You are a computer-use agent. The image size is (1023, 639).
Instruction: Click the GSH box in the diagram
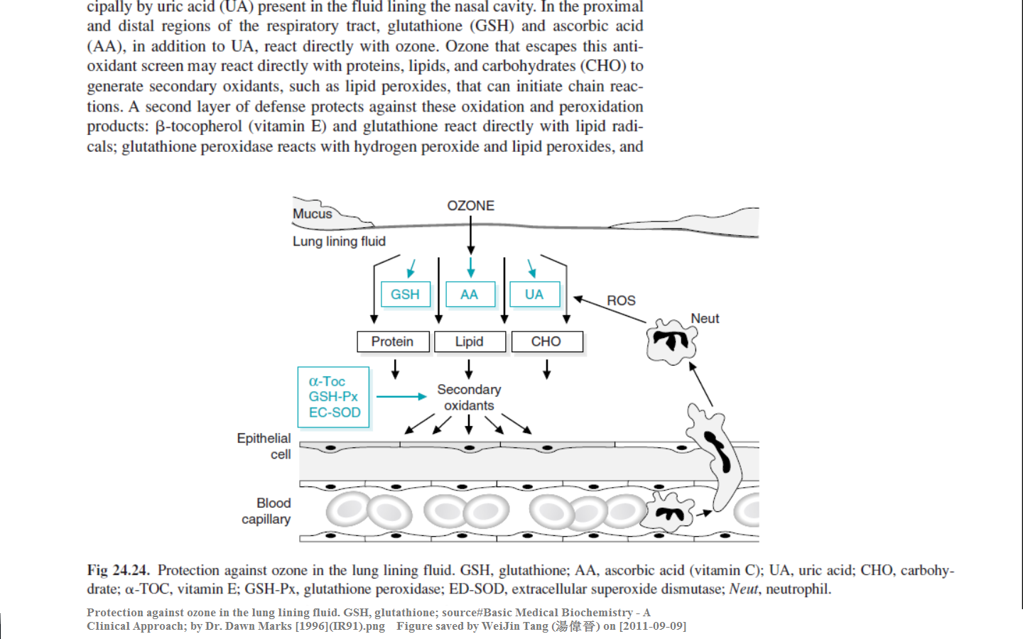[405, 294]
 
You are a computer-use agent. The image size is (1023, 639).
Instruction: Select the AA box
[470, 294]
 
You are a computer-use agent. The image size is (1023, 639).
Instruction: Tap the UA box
[534, 294]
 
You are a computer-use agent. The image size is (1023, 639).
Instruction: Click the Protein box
[393, 342]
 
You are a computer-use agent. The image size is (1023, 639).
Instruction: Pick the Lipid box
[470, 342]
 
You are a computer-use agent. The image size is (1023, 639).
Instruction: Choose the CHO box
[546, 342]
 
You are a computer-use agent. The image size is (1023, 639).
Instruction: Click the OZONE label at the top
[470, 206]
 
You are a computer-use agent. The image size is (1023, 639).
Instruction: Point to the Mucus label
[313, 214]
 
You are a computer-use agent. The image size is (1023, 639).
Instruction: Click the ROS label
[621, 301]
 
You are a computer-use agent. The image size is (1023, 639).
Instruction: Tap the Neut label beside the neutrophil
[705, 319]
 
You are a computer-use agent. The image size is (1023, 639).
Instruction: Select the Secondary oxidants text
[469, 398]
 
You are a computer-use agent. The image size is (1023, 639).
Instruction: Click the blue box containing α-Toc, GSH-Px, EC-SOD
[334, 397]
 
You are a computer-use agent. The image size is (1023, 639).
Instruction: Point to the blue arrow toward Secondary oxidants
[401, 396]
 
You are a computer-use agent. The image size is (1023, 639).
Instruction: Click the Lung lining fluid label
[339, 241]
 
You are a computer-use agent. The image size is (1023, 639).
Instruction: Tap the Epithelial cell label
[264, 446]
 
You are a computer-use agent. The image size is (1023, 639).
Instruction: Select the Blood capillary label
[266, 511]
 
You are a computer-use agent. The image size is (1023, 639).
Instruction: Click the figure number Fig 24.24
[118, 570]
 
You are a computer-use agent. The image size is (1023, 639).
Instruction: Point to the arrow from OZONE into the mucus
[470, 234]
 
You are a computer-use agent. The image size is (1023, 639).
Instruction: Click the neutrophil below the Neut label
[671, 342]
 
